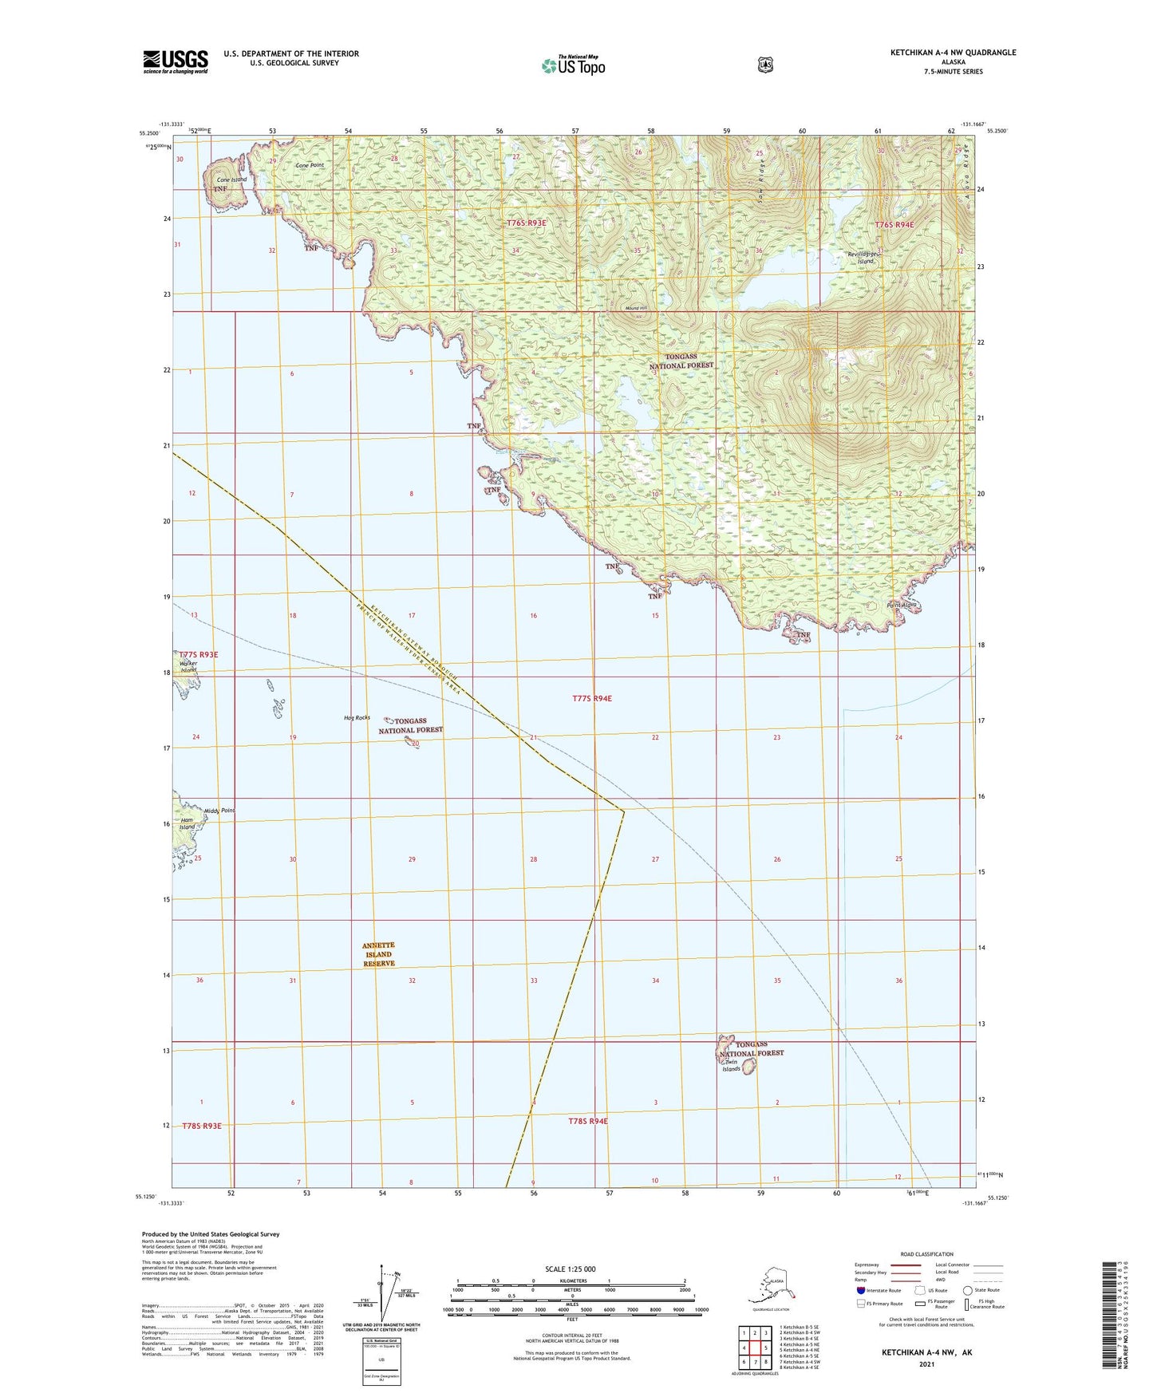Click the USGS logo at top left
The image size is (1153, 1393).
coord(176,61)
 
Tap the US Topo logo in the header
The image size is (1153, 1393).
coord(573,65)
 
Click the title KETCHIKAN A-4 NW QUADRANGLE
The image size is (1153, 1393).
coord(953,53)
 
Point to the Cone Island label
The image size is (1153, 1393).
coord(232,180)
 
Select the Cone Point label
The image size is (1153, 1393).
coord(310,165)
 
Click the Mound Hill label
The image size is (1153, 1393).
coord(637,308)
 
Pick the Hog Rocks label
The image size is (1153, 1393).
coord(357,717)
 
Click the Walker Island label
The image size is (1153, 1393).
coord(188,666)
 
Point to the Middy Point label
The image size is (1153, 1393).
coord(219,811)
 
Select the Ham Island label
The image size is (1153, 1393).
coord(187,823)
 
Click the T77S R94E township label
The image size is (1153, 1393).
coord(592,698)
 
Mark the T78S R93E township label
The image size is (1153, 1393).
coord(201,1126)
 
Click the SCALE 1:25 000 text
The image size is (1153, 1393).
coord(570,1269)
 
